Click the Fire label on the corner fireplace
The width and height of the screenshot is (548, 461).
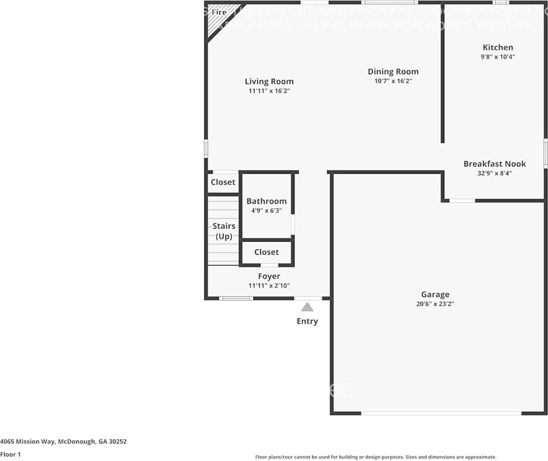[219, 12]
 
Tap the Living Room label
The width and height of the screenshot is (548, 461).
[269, 81]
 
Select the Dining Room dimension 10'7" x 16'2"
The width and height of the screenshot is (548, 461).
[393, 81]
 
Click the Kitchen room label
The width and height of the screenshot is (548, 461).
[498, 47]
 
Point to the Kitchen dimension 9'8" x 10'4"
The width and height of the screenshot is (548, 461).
[498, 57]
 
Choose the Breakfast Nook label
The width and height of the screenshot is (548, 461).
[495, 164]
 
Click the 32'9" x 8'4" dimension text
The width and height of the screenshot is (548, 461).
[495, 174]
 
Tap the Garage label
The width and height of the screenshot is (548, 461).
[435, 295]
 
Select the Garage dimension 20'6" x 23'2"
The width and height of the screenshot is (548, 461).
[435, 304]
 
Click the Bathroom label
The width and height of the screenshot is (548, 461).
[266, 201]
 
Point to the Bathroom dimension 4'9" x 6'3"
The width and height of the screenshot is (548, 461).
[266, 211]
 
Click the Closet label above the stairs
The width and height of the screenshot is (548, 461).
[223, 183]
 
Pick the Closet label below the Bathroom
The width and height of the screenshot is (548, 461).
[266, 252]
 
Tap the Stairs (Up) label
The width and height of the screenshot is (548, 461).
[224, 231]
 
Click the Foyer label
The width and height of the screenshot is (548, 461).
[269, 276]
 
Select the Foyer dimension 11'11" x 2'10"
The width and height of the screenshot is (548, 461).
[269, 286]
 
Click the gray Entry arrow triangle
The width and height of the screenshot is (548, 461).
[307, 308]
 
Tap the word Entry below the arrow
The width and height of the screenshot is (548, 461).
[307, 322]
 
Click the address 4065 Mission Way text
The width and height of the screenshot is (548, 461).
[63, 442]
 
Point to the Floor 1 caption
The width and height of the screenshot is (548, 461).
[10, 455]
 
